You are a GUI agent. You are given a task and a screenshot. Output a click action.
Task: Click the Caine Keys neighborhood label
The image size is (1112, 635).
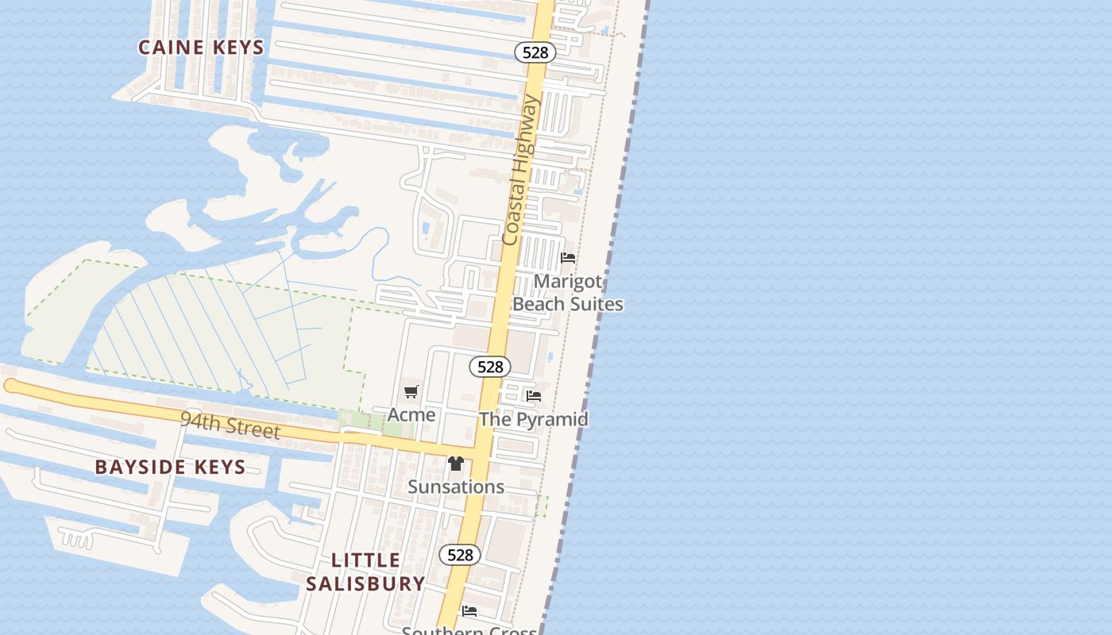[201, 48]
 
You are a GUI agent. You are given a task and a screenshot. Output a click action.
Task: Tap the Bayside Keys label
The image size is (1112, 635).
[170, 467]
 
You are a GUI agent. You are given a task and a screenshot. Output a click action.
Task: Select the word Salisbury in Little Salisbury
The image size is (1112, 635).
[366, 583]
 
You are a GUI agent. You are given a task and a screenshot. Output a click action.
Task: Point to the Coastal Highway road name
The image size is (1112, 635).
[521, 170]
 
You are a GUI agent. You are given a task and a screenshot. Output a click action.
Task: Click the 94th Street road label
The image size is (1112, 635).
[230, 425]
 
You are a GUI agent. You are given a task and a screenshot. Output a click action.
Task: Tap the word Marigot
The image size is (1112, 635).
[567, 282]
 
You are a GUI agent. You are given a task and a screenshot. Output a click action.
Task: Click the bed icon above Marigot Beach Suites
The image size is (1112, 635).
[568, 258]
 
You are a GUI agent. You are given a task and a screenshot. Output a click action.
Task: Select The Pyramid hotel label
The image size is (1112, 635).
[533, 419]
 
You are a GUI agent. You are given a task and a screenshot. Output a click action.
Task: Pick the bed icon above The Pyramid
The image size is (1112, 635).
[534, 395]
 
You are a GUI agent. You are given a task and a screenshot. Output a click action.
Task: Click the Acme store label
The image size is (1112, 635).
[411, 414]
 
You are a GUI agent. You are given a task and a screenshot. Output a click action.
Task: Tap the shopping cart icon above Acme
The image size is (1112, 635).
[411, 391]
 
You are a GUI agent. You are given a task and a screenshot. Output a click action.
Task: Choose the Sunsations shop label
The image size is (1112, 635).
[456, 487]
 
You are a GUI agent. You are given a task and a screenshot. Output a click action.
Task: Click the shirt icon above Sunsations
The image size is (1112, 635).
[456, 464]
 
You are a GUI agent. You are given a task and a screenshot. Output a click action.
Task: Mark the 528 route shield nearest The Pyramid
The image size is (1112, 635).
[490, 367]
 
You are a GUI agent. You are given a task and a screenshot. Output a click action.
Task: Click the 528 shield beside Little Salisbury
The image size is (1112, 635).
[460, 555]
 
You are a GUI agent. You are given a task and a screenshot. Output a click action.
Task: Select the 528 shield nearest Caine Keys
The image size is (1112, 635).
[535, 52]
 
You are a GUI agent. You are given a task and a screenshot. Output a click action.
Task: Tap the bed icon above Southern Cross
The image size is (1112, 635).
[469, 611]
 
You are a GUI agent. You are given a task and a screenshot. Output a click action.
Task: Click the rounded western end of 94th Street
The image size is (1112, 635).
[10, 386]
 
